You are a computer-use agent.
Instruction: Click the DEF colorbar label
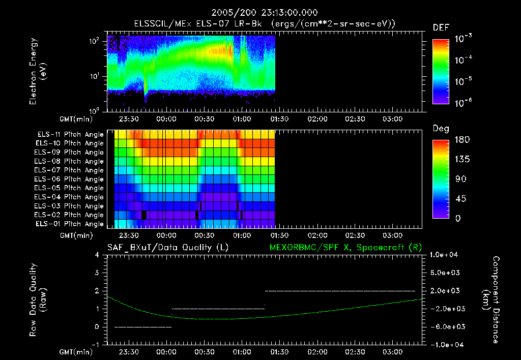click(x=441, y=28)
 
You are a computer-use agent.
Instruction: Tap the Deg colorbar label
click(x=441, y=129)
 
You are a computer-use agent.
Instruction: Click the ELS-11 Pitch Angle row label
click(x=70, y=135)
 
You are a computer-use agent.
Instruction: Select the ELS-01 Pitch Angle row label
click(x=70, y=224)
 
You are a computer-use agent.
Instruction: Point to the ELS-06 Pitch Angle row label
click(x=70, y=179)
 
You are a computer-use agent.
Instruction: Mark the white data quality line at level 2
click(x=340, y=291)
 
